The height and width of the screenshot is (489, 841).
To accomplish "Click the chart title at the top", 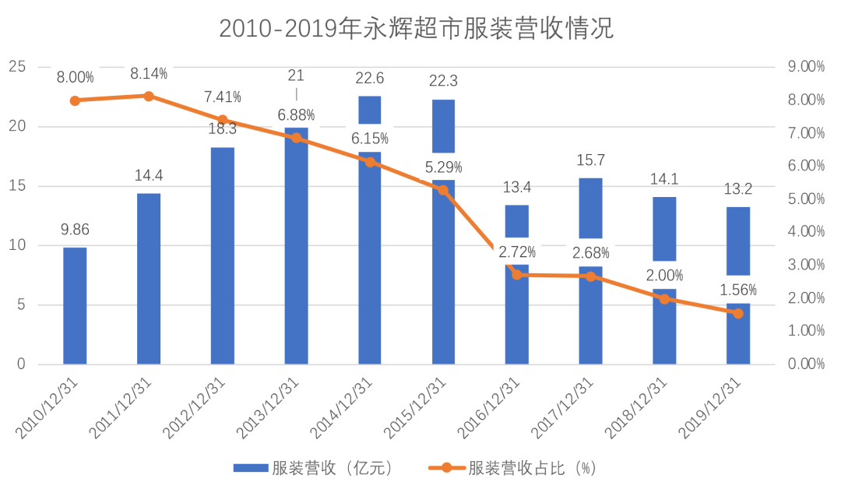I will click(417, 29).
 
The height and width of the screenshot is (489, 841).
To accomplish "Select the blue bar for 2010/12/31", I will click(75, 305).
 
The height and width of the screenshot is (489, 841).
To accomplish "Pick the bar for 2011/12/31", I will click(149, 278).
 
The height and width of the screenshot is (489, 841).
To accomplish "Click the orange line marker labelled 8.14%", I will click(149, 96).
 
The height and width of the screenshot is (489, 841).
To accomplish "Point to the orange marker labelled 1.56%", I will click(738, 313).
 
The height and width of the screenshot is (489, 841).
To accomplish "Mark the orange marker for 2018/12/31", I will click(664, 298).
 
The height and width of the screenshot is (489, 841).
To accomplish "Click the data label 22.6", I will click(370, 78).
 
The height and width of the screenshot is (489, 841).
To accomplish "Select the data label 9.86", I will click(75, 230).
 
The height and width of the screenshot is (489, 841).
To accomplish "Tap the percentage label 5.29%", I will click(444, 167).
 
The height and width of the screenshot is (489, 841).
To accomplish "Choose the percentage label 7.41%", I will click(223, 97).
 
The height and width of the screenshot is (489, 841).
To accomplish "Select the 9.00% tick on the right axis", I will click(806, 67).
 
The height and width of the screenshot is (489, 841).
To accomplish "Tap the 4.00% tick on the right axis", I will click(806, 232).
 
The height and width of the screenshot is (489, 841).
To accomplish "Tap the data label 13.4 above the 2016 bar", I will click(517, 187).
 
